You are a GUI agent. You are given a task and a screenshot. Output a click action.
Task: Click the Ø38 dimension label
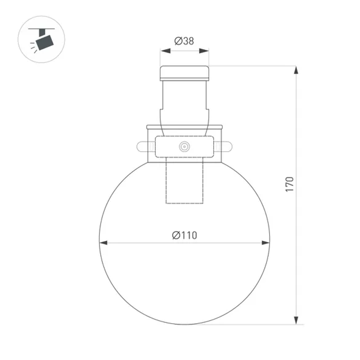pyautogui.click(x=184, y=41)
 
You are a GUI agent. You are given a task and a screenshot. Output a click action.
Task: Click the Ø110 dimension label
pyautogui.click(x=184, y=235)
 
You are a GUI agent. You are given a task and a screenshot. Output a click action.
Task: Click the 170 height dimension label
pyautogui.click(x=290, y=184)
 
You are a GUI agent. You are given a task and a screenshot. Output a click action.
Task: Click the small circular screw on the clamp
pyautogui.click(x=184, y=146)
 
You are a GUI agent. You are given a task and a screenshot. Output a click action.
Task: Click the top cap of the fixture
pyautogui.click(x=184, y=73)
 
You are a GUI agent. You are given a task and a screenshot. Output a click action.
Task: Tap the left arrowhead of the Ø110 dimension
pyautogui.click(x=104, y=243)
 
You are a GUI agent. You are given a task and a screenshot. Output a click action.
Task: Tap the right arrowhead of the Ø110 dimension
pyautogui.click(x=265, y=243)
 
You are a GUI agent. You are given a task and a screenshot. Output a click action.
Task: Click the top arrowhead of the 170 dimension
pyautogui.click(x=296, y=70)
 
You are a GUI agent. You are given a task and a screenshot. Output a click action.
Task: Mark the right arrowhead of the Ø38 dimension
pyautogui.click(x=204, y=51)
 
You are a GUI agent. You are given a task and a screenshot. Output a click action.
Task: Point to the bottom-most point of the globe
pyautogui.click(x=184, y=324)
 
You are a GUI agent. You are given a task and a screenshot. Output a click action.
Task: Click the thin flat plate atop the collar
pyautogui.click(x=184, y=127)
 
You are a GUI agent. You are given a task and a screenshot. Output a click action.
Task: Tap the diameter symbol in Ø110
pyautogui.click(x=176, y=235)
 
